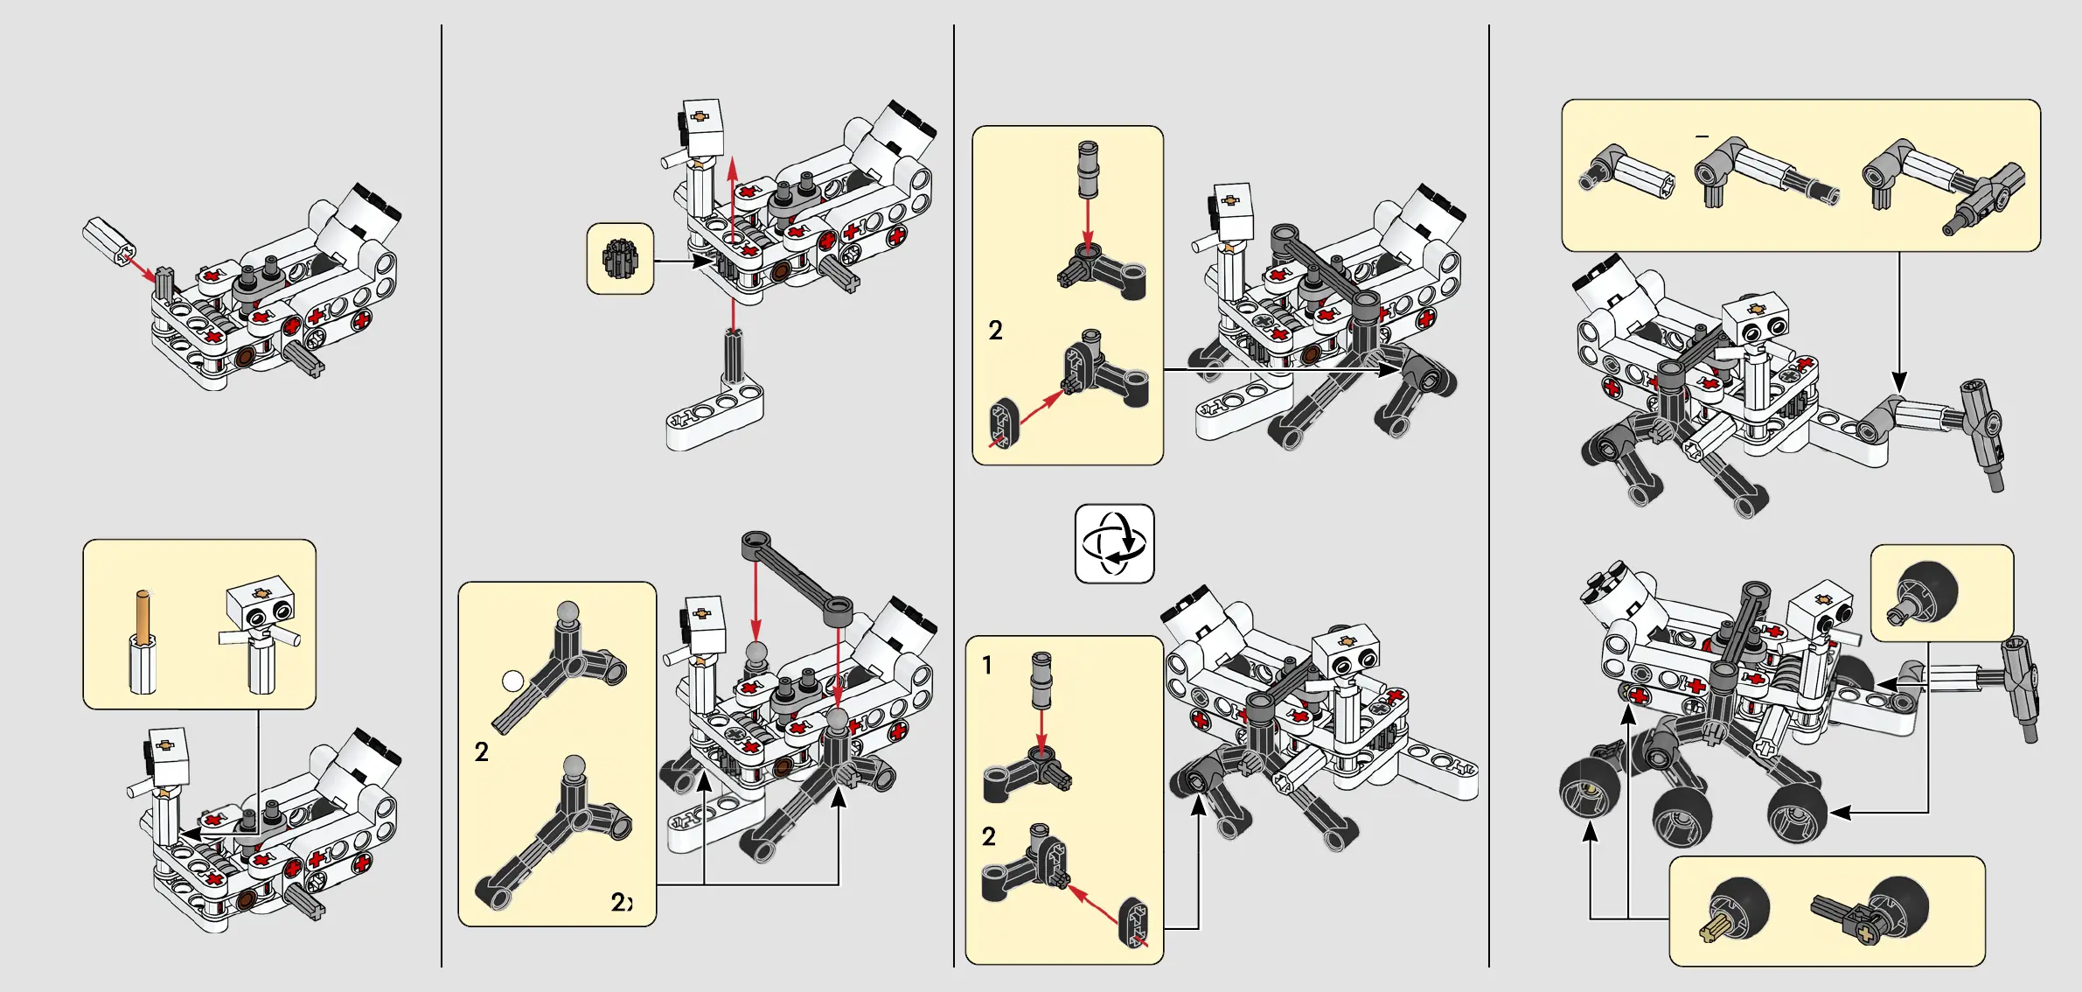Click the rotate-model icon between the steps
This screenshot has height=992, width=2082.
pyautogui.click(x=1114, y=543)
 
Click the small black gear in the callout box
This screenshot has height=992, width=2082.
pyautogui.click(x=620, y=259)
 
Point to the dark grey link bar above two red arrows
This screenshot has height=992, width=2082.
pyautogui.click(x=797, y=577)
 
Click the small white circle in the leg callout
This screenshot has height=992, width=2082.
pyautogui.click(x=513, y=681)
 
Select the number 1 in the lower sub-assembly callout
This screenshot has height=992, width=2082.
pyautogui.click(x=987, y=665)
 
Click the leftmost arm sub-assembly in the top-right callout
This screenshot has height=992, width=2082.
pyautogui.click(x=1626, y=173)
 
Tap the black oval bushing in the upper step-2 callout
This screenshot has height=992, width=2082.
pyautogui.click(x=1004, y=423)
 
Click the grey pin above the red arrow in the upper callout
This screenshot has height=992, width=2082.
pyautogui.click(x=1088, y=170)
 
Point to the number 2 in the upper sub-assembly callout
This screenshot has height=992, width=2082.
pyautogui.click(x=995, y=331)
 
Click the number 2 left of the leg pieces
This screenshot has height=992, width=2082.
pyautogui.click(x=481, y=751)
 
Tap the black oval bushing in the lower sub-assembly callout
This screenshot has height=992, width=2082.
pyautogui.click(x=1133, y=922)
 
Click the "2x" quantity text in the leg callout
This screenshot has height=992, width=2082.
pyautogui.click(x=621, y=902)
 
